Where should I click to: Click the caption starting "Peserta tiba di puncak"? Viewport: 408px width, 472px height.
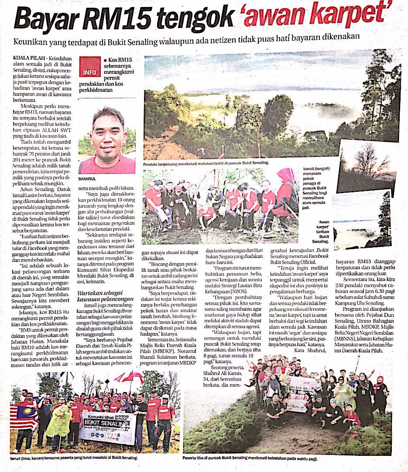tap(250, 458)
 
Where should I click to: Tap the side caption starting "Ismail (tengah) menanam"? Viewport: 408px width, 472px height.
tap(316, 184)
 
